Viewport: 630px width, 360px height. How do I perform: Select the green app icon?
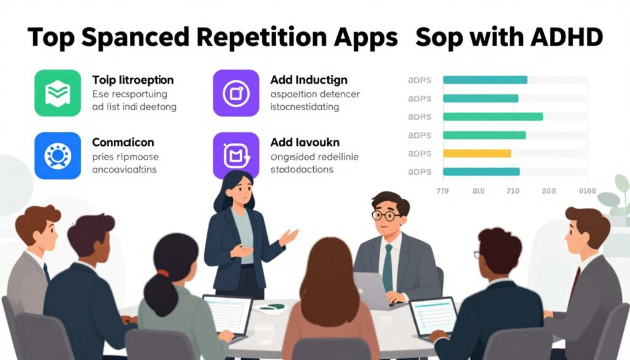(x=58, y=93)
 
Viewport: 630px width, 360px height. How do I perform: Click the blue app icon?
(x=58, y=156)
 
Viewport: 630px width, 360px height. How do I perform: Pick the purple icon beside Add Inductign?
(x=236, y=93)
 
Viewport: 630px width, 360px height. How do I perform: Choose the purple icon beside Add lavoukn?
(x=236, y=156)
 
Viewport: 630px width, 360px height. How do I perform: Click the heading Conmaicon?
(x=122, y=142)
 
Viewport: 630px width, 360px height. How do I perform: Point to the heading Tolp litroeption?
(x=132, y=80)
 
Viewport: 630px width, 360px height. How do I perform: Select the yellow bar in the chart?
(x=477, y=153)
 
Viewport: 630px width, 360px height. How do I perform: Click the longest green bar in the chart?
(x=493, y=116)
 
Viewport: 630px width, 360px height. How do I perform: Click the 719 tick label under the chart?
(x=443, y=191)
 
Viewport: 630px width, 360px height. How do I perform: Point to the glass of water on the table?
(x=264, y=335)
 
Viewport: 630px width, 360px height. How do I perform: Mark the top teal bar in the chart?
(x=485, y=79)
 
